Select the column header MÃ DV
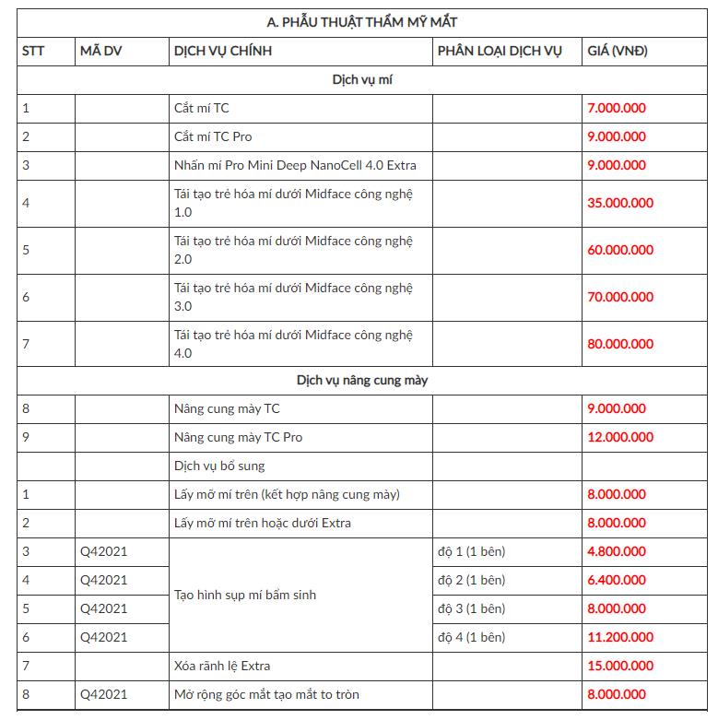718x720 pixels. coord(100,51)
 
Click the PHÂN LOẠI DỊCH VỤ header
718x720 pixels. coord(500,51)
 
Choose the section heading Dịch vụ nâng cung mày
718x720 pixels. coord(362,379)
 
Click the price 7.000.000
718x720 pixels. coord(617,108)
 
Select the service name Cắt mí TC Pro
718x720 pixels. coord(213,136)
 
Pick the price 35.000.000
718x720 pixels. coord(620,203)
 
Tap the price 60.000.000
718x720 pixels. coord(620,250)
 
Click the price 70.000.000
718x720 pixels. coord(620,297)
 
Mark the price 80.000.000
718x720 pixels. coord(620,344)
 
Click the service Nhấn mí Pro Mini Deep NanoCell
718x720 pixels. coord(295,165)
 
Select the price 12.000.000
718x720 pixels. coord(620,436)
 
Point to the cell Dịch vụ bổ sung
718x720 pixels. coord(219,466)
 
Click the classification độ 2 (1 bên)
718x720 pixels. coord(471,580)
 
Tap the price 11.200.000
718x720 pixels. coord(620,637)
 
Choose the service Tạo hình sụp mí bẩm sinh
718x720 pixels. coord(245,595)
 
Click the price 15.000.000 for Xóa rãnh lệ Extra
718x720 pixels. coord(620,666)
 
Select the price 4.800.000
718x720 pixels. coord(617,551)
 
